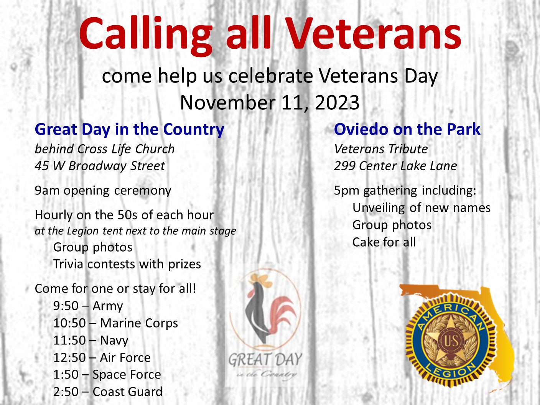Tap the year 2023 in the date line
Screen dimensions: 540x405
pos(337,102)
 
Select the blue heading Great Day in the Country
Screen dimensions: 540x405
pos(129,130)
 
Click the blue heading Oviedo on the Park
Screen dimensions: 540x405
pos(407,129)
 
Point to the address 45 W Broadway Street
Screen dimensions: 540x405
pos(100,166)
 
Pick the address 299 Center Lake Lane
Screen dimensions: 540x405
pos(395,166)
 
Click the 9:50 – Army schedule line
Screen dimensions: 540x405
pos(88,306)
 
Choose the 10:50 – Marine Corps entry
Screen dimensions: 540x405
pos(115,323)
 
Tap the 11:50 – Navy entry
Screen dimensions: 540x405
pos(91,341)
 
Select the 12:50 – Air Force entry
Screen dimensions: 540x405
pos(102,357)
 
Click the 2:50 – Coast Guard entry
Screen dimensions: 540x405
pos(108,392)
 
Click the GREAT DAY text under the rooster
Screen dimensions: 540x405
pos(265,360)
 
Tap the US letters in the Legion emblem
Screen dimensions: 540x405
pos(451,341)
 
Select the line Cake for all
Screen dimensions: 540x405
pos(384,242)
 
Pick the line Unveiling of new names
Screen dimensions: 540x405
pos(421,208)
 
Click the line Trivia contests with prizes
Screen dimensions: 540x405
pos(127,265)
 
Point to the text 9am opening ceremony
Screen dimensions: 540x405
pos(103,191)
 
